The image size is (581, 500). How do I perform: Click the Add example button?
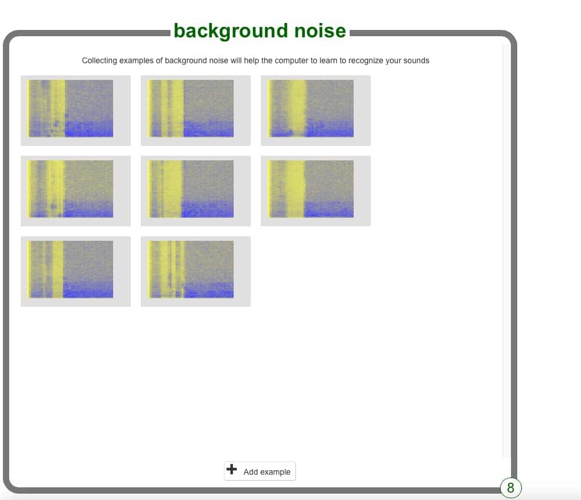259,471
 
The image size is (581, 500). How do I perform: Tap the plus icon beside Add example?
231,469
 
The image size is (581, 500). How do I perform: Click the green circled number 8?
510,488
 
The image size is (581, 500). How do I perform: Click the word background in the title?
230,31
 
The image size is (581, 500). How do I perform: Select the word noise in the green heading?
320,30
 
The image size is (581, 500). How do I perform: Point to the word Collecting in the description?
99,60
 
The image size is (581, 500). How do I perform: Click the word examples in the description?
136,60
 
